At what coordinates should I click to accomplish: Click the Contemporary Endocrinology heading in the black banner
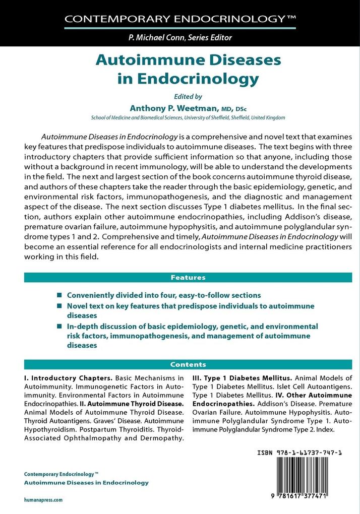tap(179, 20)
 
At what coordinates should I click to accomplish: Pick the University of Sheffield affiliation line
tap(188, 118)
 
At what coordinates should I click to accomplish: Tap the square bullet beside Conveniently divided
tap(60, 295)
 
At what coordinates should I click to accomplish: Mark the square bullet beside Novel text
tap(60, 306)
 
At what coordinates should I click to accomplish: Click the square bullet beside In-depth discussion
tap(60, 327)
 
